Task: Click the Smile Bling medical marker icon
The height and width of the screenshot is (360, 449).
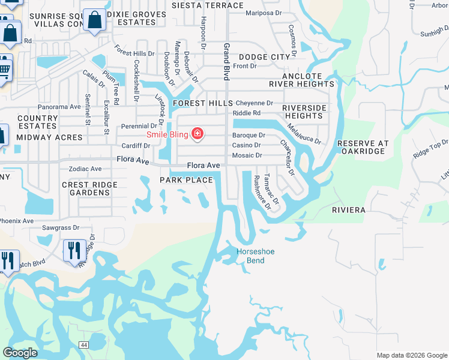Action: click(197, 133)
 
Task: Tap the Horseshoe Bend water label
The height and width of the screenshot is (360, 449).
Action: click(255, 256)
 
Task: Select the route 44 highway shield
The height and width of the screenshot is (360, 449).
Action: click(83, 344)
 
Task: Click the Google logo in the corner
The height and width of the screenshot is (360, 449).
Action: click(20, 353)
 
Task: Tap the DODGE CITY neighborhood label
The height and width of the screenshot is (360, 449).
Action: click(264, 57)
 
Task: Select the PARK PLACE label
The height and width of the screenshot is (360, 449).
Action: click(186, 181)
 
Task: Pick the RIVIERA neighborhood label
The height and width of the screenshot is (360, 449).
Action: click(349, 211)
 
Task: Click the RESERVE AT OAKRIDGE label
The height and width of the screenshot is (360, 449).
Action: click(363, 148)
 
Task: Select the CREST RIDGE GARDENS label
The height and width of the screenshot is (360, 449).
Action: click(89, 188)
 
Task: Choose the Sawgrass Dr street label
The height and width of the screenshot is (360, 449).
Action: click(61, 228)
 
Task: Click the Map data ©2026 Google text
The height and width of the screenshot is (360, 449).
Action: click(411, 355)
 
